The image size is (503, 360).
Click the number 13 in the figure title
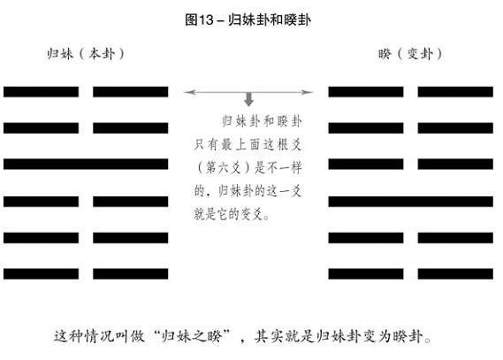[x=206, y=19]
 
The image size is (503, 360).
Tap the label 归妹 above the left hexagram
[x=60, y=54]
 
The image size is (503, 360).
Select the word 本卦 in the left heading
[x=102, y=54]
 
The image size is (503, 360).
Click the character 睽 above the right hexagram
[x=385, y=54]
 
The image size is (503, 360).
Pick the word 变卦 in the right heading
[x=420, y=54]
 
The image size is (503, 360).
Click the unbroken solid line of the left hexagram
[x=86, y=164]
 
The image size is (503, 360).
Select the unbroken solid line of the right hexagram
[x=410, y=202]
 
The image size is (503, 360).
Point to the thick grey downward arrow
[x=248, y=99]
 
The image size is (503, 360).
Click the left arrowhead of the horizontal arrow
[x=189, y=92]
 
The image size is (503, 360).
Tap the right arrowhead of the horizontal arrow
[x=307, y=92]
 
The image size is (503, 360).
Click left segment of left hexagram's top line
[x=41, y=92]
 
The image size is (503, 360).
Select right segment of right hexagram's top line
[x=455, y=92]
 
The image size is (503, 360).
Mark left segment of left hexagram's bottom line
[x=41, y=274]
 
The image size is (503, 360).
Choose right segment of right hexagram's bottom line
[x=455, y=274]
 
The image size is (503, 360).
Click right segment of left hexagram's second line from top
[x=131, y=128]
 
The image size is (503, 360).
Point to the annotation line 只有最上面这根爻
[x=248, y=145]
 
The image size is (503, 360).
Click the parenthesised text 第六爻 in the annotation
[x=224, y=168]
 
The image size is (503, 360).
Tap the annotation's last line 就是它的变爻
[x=231, y=214]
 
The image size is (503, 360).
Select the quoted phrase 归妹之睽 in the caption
[x=192, y=336]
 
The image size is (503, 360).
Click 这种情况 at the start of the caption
[x=82, y=336]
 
